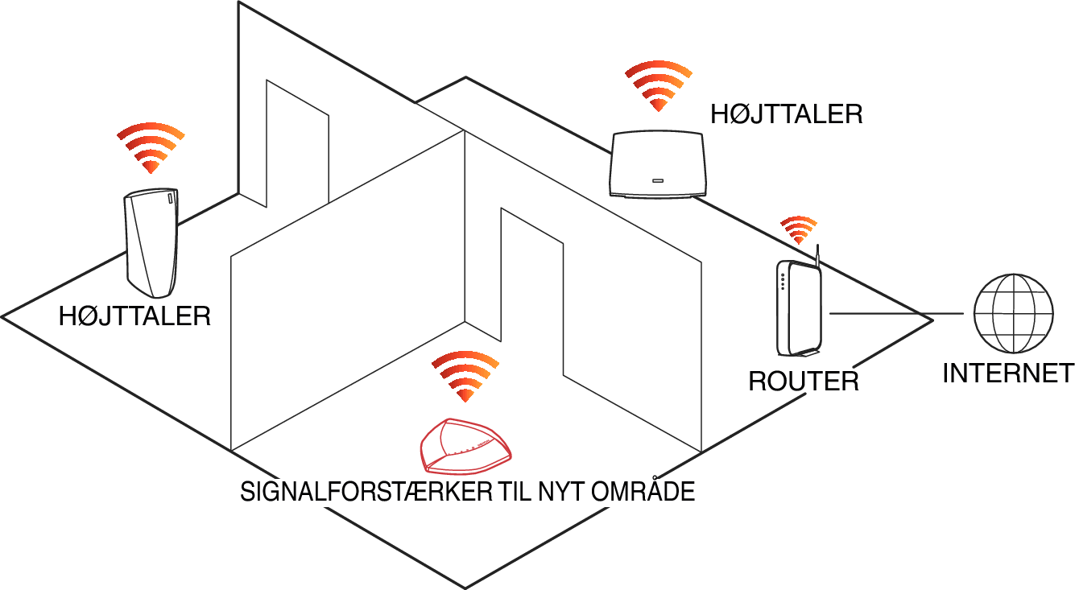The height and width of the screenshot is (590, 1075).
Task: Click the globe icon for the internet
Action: (x=1013, y=313)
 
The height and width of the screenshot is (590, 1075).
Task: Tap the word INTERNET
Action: (x=1008, y=373)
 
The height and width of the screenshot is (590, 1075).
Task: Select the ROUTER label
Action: (x=804, y=382)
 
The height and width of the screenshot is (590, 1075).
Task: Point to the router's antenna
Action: (x=817, y=255)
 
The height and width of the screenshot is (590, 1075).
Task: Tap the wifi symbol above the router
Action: (x=799, y=229)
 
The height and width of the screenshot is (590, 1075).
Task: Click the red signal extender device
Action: (x=465, y=446)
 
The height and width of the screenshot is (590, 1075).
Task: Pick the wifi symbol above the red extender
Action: (x=465, y=376)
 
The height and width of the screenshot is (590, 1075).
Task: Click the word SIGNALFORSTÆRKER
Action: (x=366, y=492)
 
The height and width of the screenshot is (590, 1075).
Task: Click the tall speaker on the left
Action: (x=151, y=242)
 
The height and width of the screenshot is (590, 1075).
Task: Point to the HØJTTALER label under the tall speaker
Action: (x=134, y=316)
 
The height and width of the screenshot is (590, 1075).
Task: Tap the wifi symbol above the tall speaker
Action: (x=151, y=148)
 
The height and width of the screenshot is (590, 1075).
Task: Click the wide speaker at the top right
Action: (x=657, y=164)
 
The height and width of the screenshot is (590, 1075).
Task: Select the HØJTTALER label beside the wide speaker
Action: (x=787, y=114)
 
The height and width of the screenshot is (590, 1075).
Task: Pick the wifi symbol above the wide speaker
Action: (x=659, y=86)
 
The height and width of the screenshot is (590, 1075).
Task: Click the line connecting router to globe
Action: (x=896, y=314)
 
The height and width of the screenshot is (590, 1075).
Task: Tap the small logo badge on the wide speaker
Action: (x=657, y=181)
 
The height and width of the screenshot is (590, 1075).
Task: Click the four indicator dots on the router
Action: (x=783, y=282)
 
